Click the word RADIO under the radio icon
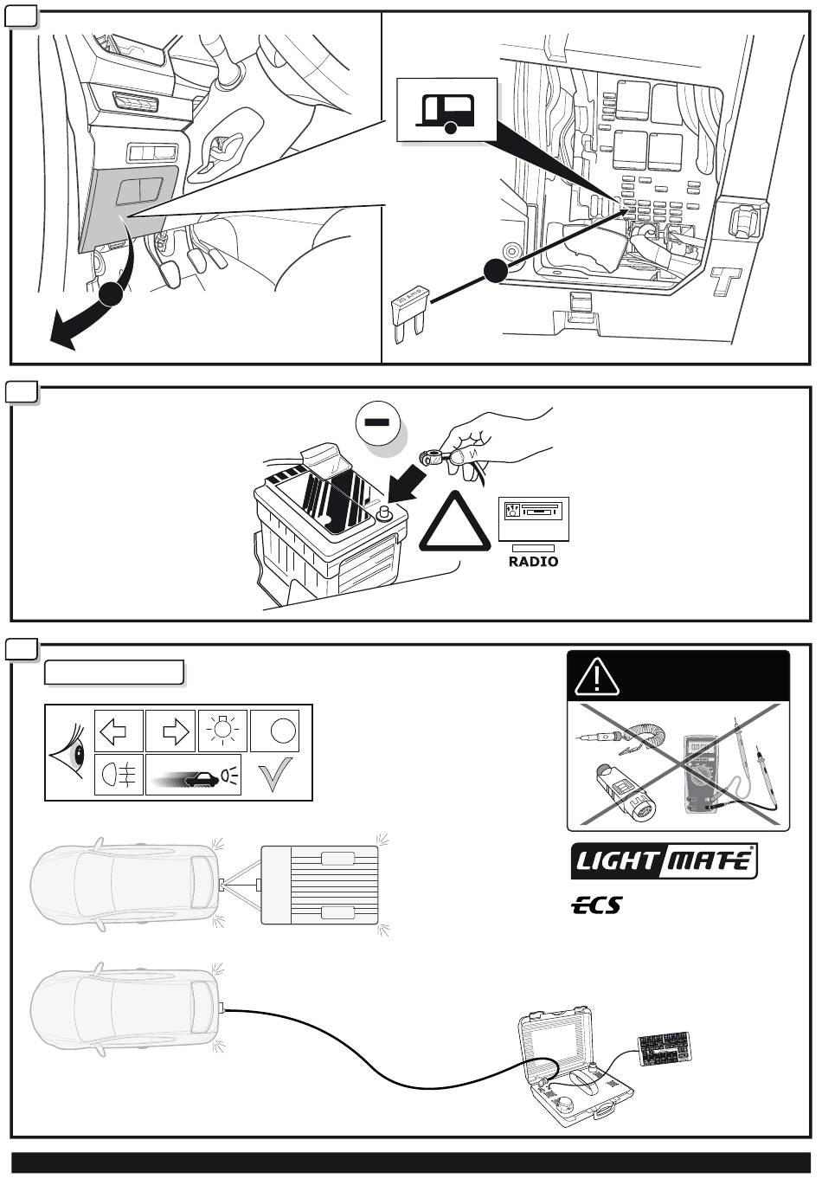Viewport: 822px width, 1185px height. [533, 562]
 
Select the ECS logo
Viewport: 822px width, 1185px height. [596, 905]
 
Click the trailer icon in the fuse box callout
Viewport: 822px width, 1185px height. [446, 110]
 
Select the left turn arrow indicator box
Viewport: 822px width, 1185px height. [119, 731]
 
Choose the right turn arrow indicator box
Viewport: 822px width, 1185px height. [171, 731]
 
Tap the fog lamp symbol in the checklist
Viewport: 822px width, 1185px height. [119, 774]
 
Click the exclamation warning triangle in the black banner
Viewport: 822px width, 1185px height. [597, 676]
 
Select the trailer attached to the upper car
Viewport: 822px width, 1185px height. [320, 885]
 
